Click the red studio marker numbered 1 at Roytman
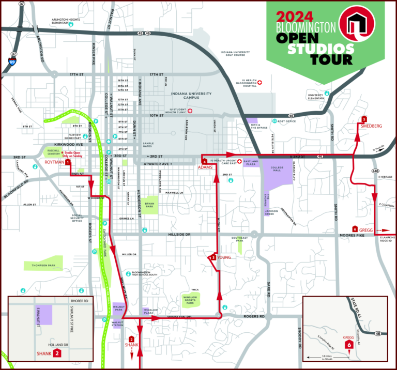pos(68,162)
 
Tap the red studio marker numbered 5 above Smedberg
pos(364,119)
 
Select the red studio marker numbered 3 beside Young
pos(213,257)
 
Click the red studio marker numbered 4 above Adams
pos(205,161)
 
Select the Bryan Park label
pos(150,203)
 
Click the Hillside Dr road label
pos(179,235)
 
